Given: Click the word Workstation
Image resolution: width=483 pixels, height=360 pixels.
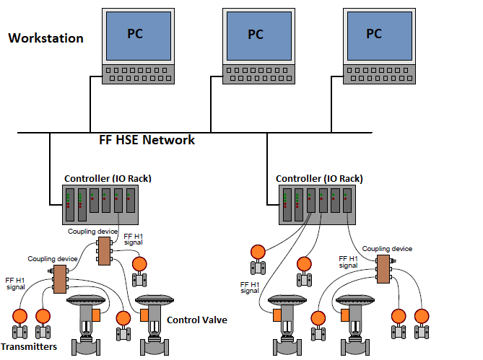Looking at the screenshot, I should tap(45, 38).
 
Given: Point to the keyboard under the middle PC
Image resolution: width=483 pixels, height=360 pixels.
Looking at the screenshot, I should tap(256, 75).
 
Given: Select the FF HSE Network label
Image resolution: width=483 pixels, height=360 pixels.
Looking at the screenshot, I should tap(147, 140).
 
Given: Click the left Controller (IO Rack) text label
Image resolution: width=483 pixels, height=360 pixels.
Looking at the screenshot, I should tap(108, 179).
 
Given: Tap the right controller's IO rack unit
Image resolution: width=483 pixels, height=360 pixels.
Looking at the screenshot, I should tap(318, 205).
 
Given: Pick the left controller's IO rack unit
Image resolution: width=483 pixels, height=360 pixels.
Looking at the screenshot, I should tap(99, 205).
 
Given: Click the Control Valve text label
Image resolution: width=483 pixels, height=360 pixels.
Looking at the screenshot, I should tap(197, 320).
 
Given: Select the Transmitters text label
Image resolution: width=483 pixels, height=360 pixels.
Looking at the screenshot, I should tap(30, 347).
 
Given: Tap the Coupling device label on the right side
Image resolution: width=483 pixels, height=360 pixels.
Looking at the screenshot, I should tap(387, 249).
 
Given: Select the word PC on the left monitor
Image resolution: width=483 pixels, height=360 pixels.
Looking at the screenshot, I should tap(134, 33).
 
